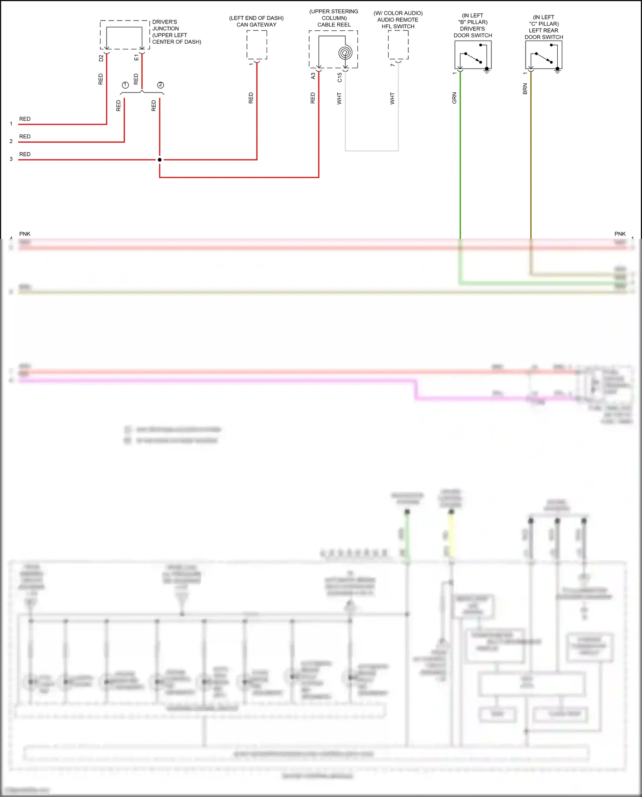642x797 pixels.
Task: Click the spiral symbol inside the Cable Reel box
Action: coord(345,53)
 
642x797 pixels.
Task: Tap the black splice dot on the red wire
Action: coord(160,160)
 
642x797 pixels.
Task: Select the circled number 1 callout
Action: coord(125,85)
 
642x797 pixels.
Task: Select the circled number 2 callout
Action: coord(160,85)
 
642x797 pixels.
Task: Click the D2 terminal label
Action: coord(101,58)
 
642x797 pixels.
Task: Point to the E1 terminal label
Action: coord(136,57)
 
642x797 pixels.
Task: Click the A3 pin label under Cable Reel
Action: coord(313,75)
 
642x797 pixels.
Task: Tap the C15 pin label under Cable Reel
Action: coord(339,77)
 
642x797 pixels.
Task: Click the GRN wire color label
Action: coord(454,98)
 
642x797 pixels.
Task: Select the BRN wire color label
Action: coord(525,89)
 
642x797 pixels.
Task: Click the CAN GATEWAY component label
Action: coord(256,25)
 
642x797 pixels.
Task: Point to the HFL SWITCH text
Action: coord(398,27)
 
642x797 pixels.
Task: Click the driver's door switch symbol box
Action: coord(473,55)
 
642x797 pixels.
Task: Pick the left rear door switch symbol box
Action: coord(543,55)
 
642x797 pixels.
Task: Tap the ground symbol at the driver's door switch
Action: coord(487,72)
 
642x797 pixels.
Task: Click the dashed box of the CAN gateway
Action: coord(257,45)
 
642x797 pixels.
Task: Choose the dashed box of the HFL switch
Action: coord(398,45)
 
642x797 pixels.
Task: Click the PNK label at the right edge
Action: coord(620,234)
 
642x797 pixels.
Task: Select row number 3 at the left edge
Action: coord(11,159)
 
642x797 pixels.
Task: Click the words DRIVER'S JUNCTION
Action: coord(165,25)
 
